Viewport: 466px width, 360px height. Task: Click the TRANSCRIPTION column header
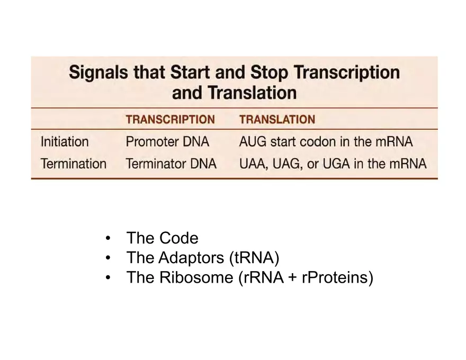pyautogui.click(x=170, y=120)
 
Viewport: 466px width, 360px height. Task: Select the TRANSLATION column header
pyautogui.click(x=277, y=120)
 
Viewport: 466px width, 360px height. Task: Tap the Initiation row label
pyautogui.click(x=65, y=142)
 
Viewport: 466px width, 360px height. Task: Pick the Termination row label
pyautogui.click(x=74, y=164)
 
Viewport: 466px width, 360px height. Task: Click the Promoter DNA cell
pyautogui.click(x=167, y=142)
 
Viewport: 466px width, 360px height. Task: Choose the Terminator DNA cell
pyautogui.click(x=171, y=164)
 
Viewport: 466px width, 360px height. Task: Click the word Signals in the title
pyautogui.click(x=98, y=72)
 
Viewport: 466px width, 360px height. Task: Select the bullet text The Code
pyautogui.click(x=162, y=238)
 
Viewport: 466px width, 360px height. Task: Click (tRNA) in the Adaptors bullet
pyautogui.click(x=254, y=258)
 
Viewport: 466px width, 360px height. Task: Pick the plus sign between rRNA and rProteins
pyautogui.click(x=292, y=277)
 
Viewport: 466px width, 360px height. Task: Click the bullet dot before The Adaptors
pyautogui.click(x=109, y=258)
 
